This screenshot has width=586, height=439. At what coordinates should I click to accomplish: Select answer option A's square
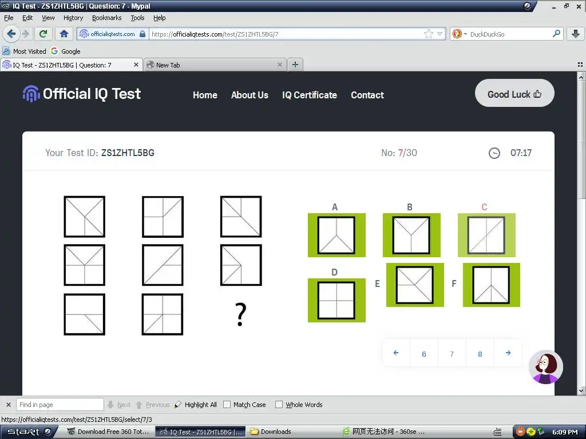click(x=336, y=235)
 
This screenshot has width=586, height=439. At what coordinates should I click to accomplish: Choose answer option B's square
click(x=411, y=235)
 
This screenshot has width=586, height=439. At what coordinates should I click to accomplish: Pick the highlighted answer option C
click(x=486, y=235)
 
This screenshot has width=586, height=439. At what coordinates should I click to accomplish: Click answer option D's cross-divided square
click(x=336, y=300)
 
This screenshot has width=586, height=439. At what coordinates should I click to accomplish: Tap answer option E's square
click(x=415, y=285)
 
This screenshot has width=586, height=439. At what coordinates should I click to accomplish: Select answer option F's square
click(x=492, y=285)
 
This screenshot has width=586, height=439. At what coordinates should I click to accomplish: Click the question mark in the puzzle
click(x=241, y=314)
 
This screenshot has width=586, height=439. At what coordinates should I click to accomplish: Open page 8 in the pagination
click(x=480, y=354)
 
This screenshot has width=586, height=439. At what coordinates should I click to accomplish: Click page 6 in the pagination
click(x=424, y=354)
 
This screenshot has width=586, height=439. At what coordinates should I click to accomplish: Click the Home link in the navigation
click(x=205, y=95)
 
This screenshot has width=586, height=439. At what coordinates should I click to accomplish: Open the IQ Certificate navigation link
click(x=310, y=95)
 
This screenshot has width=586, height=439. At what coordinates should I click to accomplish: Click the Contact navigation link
click(x=367, y=95)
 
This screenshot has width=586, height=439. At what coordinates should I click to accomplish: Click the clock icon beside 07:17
click(x=494, y=153)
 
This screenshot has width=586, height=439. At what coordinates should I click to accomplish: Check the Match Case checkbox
click(x=227, y=405)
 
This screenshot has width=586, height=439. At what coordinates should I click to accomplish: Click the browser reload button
click(x=43, y=34)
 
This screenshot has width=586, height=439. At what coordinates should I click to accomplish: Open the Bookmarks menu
click(x=107, y=18)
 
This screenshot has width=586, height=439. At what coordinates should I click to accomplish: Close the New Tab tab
click(x=279, y=65)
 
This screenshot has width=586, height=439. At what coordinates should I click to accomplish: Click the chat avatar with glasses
click(x=545, y=367)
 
